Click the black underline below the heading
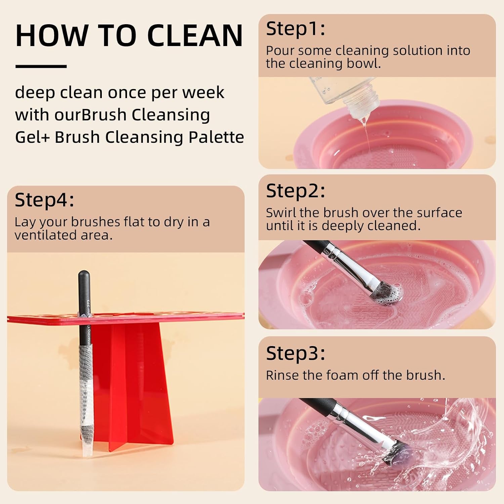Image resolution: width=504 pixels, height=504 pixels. point(41,67)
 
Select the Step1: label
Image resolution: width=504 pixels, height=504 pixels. point(295,29)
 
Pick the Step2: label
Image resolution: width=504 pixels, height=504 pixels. point(295,191)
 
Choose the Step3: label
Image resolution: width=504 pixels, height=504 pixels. point(295,353)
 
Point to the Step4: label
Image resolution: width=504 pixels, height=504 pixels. point(44,200)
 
